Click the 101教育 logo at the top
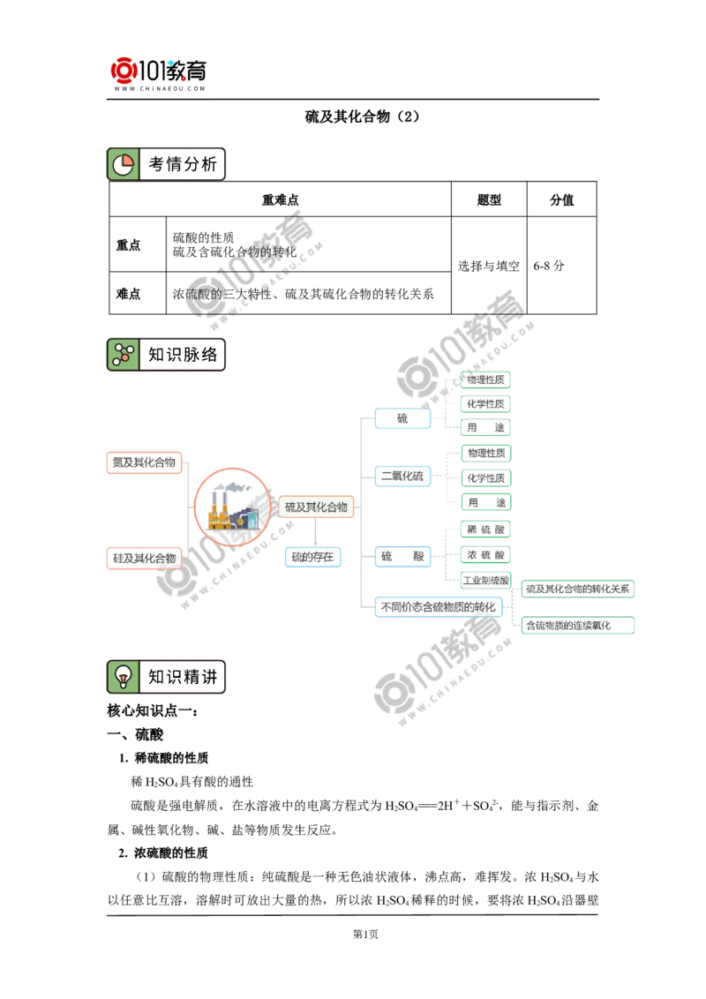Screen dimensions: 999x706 tap(159, 69)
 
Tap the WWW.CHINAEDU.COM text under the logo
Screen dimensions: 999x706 tap(159, 89)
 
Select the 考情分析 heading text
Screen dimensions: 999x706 tap(182, 164)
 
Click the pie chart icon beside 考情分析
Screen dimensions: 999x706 tap(123, 164)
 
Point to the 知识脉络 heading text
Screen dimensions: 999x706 tap(182, 355)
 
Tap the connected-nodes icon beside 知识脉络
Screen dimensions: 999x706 tap(123, 355)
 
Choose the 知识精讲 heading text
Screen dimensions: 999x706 tap(182, 677)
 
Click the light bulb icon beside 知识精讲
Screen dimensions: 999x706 tap(123, 677)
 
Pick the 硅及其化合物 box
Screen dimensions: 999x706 tap(144, 559)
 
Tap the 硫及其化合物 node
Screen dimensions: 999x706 tap(316, 507)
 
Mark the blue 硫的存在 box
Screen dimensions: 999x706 tap(312, 557)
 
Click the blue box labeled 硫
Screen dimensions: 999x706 tap(403, 418)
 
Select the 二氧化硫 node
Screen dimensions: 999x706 tap(403, 477)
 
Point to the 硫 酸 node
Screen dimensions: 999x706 tap(403, 557)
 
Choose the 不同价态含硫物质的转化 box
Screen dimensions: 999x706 tap(439, 607)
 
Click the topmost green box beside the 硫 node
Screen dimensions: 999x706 tap(485, 379)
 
